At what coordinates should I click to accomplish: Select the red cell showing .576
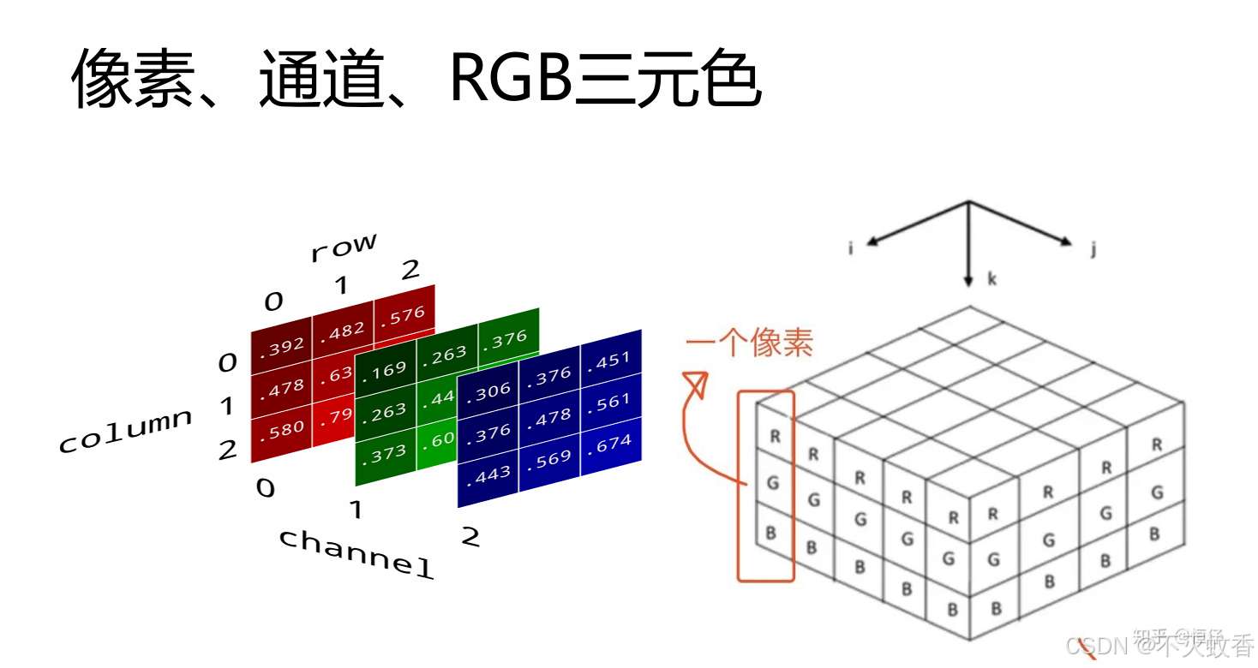(405, 314)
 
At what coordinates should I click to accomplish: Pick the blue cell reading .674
(612, 443)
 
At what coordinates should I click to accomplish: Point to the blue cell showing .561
(611, 402)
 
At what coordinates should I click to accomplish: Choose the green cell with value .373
(385, 453)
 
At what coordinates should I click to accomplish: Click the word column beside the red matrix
(125, 430)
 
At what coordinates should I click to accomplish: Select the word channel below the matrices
(356, 552)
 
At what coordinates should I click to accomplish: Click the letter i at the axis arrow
(851, 248)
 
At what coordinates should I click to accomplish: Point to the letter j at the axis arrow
(1094, 249)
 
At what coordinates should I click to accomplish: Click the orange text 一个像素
(749, 343)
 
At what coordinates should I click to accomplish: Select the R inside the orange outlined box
(775, 435)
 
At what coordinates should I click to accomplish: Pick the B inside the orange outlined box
(770, 533)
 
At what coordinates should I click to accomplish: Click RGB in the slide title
(511, 79)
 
